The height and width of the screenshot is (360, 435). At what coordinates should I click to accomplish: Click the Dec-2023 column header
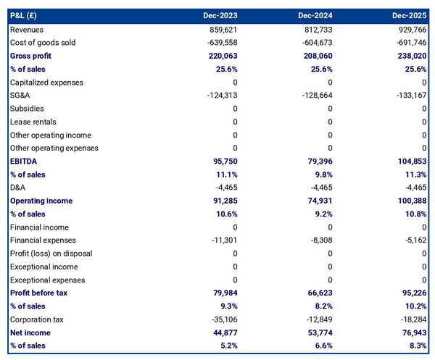[220, 15]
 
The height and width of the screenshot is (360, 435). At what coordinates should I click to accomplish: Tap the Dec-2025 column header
[410, 15]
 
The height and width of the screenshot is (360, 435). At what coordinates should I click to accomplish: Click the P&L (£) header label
[26, 15]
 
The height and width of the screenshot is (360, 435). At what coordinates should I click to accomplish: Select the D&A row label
[18, 188]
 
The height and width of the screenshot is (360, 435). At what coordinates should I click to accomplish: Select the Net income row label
[30, 332]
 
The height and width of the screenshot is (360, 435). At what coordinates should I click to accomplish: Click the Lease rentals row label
[33, 122]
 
